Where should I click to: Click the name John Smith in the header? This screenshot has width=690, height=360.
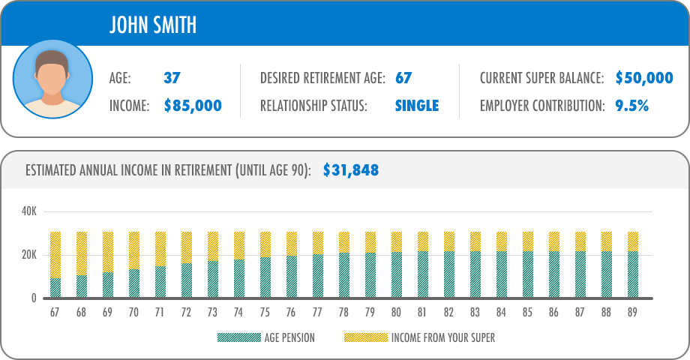pyautogui.click(x=153, y=25)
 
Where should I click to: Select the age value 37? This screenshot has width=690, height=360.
pyautogui.click(x=172, y=78)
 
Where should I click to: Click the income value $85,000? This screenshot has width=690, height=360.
pyautogui.click(x=193, y=106)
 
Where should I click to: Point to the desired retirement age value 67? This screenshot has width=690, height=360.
pyautogui.click(x=403, y=78)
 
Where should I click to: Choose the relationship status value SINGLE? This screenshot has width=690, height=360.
pyautogui.click(x=416, y=106)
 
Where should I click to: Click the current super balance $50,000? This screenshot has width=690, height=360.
pyautogui.click(x=643, y=78)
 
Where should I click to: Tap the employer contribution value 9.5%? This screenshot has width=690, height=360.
pyautogui.click(x=631, y=106)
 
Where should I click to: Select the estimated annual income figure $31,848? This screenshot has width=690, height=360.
pyautogui.click(x=350, y=170)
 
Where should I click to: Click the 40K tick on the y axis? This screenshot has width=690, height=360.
pyautogui.click(x=28, y=211)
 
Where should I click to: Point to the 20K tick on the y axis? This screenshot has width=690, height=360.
pyautogui.click(x=28, y=255)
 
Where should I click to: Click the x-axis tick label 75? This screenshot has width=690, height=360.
pyautogui.click(x=265, y=311)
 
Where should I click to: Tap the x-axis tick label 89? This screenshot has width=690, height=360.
pyautogui.click(x=633, y=311)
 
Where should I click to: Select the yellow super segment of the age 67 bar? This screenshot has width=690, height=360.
pyautogui.click(x=55, y=255)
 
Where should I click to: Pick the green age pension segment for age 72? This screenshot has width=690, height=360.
pyautogui.click(x=187, y=280)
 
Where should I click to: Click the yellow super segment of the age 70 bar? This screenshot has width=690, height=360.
pyautogui.click(x=134, y=250)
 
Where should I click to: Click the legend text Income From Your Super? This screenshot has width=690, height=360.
pyautogui.click(x=442, y=337)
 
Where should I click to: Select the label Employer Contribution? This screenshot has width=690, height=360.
pyautogui.click(x=541, y=106)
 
